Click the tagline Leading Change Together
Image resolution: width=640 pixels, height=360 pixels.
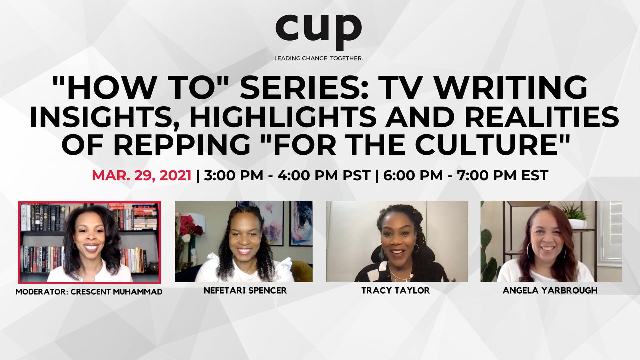[318, 58]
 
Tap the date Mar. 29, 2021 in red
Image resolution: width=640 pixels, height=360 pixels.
[142, 176]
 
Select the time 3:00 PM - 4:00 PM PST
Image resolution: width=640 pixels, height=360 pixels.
[287, 176]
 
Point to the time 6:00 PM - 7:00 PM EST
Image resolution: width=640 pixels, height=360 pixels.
[466, 176]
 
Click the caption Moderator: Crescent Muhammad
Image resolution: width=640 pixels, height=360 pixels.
[89, 292]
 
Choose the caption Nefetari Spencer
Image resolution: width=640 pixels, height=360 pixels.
[245, 291]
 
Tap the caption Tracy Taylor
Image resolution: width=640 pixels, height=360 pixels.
[396, 291]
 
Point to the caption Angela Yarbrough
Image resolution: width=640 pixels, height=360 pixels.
[550, 291]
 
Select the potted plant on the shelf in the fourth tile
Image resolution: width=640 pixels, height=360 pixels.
[575, 215]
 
